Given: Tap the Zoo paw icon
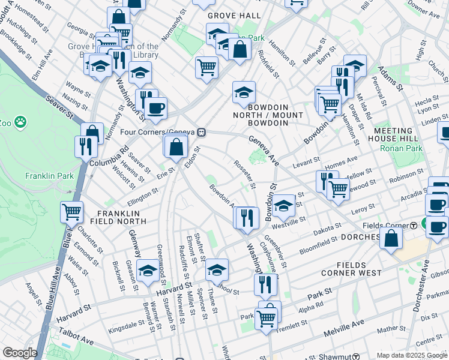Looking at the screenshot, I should click(x=21, y=122).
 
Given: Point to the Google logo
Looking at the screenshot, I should click(x=20, y=353).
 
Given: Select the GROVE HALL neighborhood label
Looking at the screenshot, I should click(x=234, y=15).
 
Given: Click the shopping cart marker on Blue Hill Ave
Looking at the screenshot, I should click(x=71, y=212).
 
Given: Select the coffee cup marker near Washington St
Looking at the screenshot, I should click(x=155, y=109).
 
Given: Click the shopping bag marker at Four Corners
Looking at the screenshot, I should click(x=176, y=146).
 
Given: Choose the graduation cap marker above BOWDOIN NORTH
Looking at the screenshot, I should click(x=244, y=92).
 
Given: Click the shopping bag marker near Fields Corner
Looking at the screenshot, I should click(x=391, y=238).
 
